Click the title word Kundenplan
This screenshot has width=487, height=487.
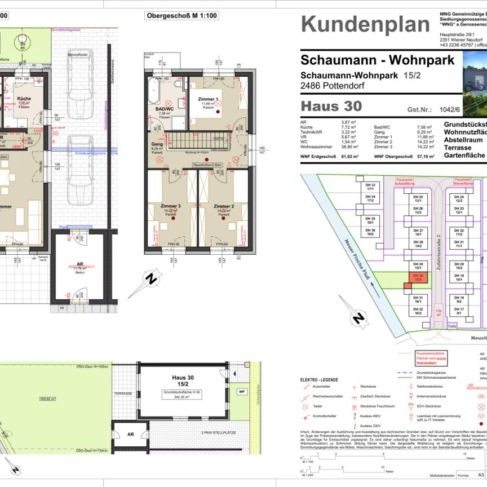(x=365, y=25)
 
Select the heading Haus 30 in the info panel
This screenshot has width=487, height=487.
(x=331, y=106)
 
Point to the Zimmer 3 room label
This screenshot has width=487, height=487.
(x=171, y=207)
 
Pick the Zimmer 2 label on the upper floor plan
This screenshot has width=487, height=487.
(x=224, y=207)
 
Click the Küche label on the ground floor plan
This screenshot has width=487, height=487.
(x=24, y=99)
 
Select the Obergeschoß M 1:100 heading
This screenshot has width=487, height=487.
(x=182, y=16)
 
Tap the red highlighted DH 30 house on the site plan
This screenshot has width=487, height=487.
(x=418, y=277)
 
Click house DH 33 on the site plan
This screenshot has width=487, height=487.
(x=370, y=187)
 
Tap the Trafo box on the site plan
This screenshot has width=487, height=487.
(x=451, y=325)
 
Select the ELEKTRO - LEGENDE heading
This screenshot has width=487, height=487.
(x=320, y=379)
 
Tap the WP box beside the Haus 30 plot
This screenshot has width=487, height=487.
(x=242, y=391)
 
